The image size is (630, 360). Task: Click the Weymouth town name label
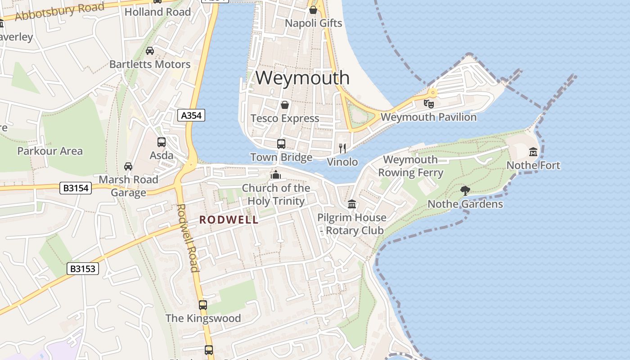click(x=302, y=78)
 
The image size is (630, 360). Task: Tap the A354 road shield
click(x=191, y=116)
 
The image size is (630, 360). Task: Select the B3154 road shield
click(x=76, y=188)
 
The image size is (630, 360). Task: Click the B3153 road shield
click(x=83, y=269)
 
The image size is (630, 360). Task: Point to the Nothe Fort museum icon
click(x=533, y=152)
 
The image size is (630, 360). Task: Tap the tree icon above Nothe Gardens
click(x=465, y=191)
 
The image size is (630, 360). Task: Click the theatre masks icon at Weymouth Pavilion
click(x=429, y=104)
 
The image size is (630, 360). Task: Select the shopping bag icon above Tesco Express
click(x=285, y=105)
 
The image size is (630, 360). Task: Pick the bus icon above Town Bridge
click(x=281, y=144)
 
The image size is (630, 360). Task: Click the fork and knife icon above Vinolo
click(x=343, y=148)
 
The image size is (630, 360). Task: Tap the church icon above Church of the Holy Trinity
click(x=276, y=175)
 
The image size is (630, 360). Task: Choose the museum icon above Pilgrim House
click(x=352, y=204)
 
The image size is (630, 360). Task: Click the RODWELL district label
click(x=229, y=220)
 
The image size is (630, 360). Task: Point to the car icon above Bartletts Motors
click(x=150, y=51)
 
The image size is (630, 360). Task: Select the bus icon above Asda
click(x=162, y=142)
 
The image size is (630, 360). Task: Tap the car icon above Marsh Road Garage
click(x=128, y=166)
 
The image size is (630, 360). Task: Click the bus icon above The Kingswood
click(x=203, y=305)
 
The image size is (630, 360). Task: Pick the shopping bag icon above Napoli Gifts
click(x=313, y=10)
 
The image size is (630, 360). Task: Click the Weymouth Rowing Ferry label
click(x=410, y=166)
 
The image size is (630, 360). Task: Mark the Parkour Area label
click(x=50, y=151)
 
